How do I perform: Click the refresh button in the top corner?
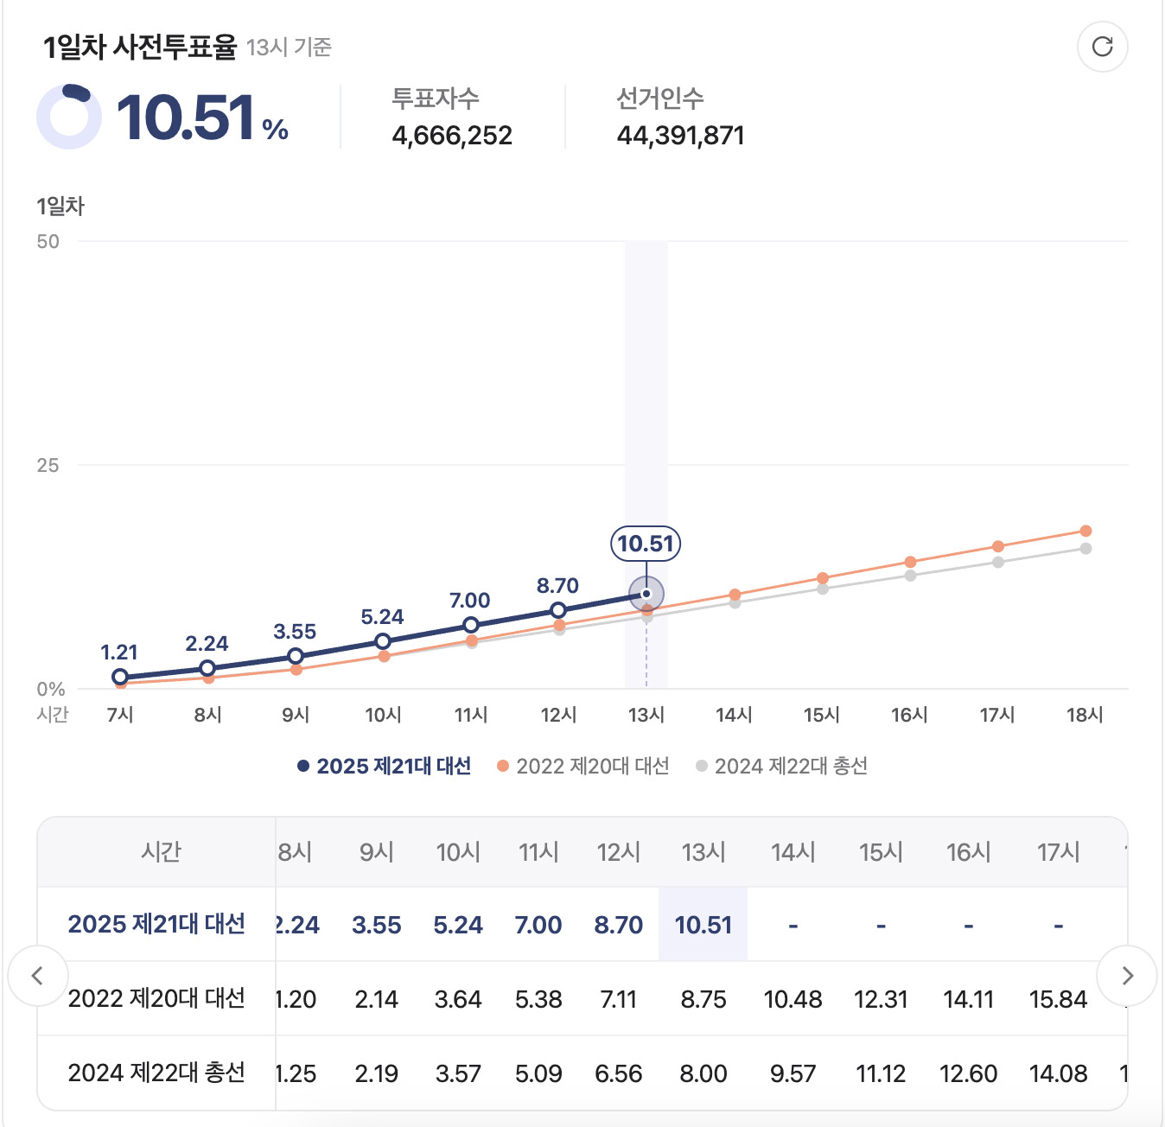1102,47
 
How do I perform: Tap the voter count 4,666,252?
452,136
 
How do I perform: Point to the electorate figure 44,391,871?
680,136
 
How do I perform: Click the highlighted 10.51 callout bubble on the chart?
646,544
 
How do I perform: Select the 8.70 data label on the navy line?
557,586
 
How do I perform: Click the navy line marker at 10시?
383,641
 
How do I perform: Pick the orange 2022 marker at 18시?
1085,531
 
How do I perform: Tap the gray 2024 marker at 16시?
910,576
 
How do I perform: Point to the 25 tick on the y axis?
48,466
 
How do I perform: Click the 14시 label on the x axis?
734,715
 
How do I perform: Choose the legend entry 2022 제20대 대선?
584,767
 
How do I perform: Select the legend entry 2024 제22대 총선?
782,767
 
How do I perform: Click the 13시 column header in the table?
703,852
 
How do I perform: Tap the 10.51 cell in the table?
703,925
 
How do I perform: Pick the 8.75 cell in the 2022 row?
703,999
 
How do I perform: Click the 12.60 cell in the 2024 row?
968,1073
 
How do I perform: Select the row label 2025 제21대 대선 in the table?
156,924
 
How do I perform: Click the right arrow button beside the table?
1127,976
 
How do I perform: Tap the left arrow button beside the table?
37,976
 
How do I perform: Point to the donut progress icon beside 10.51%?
69,117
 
